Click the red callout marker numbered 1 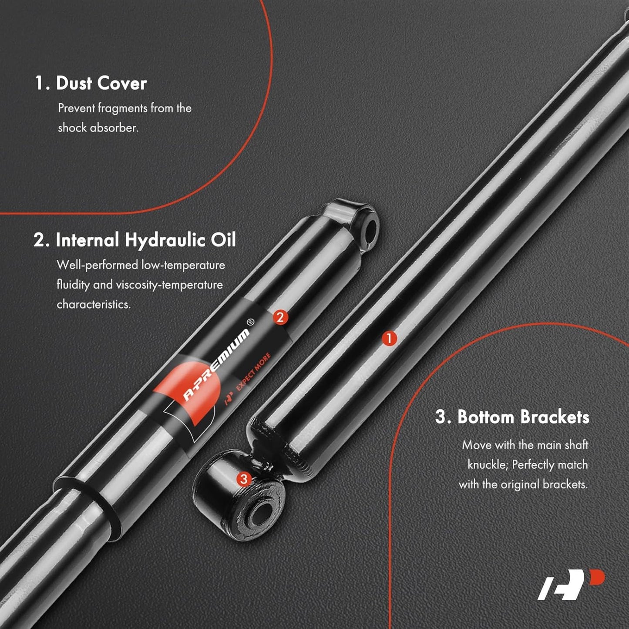[389, 338]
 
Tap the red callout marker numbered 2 [280, 317]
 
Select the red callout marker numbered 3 [243, 479]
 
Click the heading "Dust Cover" [101, 83]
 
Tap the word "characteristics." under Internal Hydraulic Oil [94, 304]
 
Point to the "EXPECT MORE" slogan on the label [253, 372]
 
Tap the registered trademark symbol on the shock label [251, 322]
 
